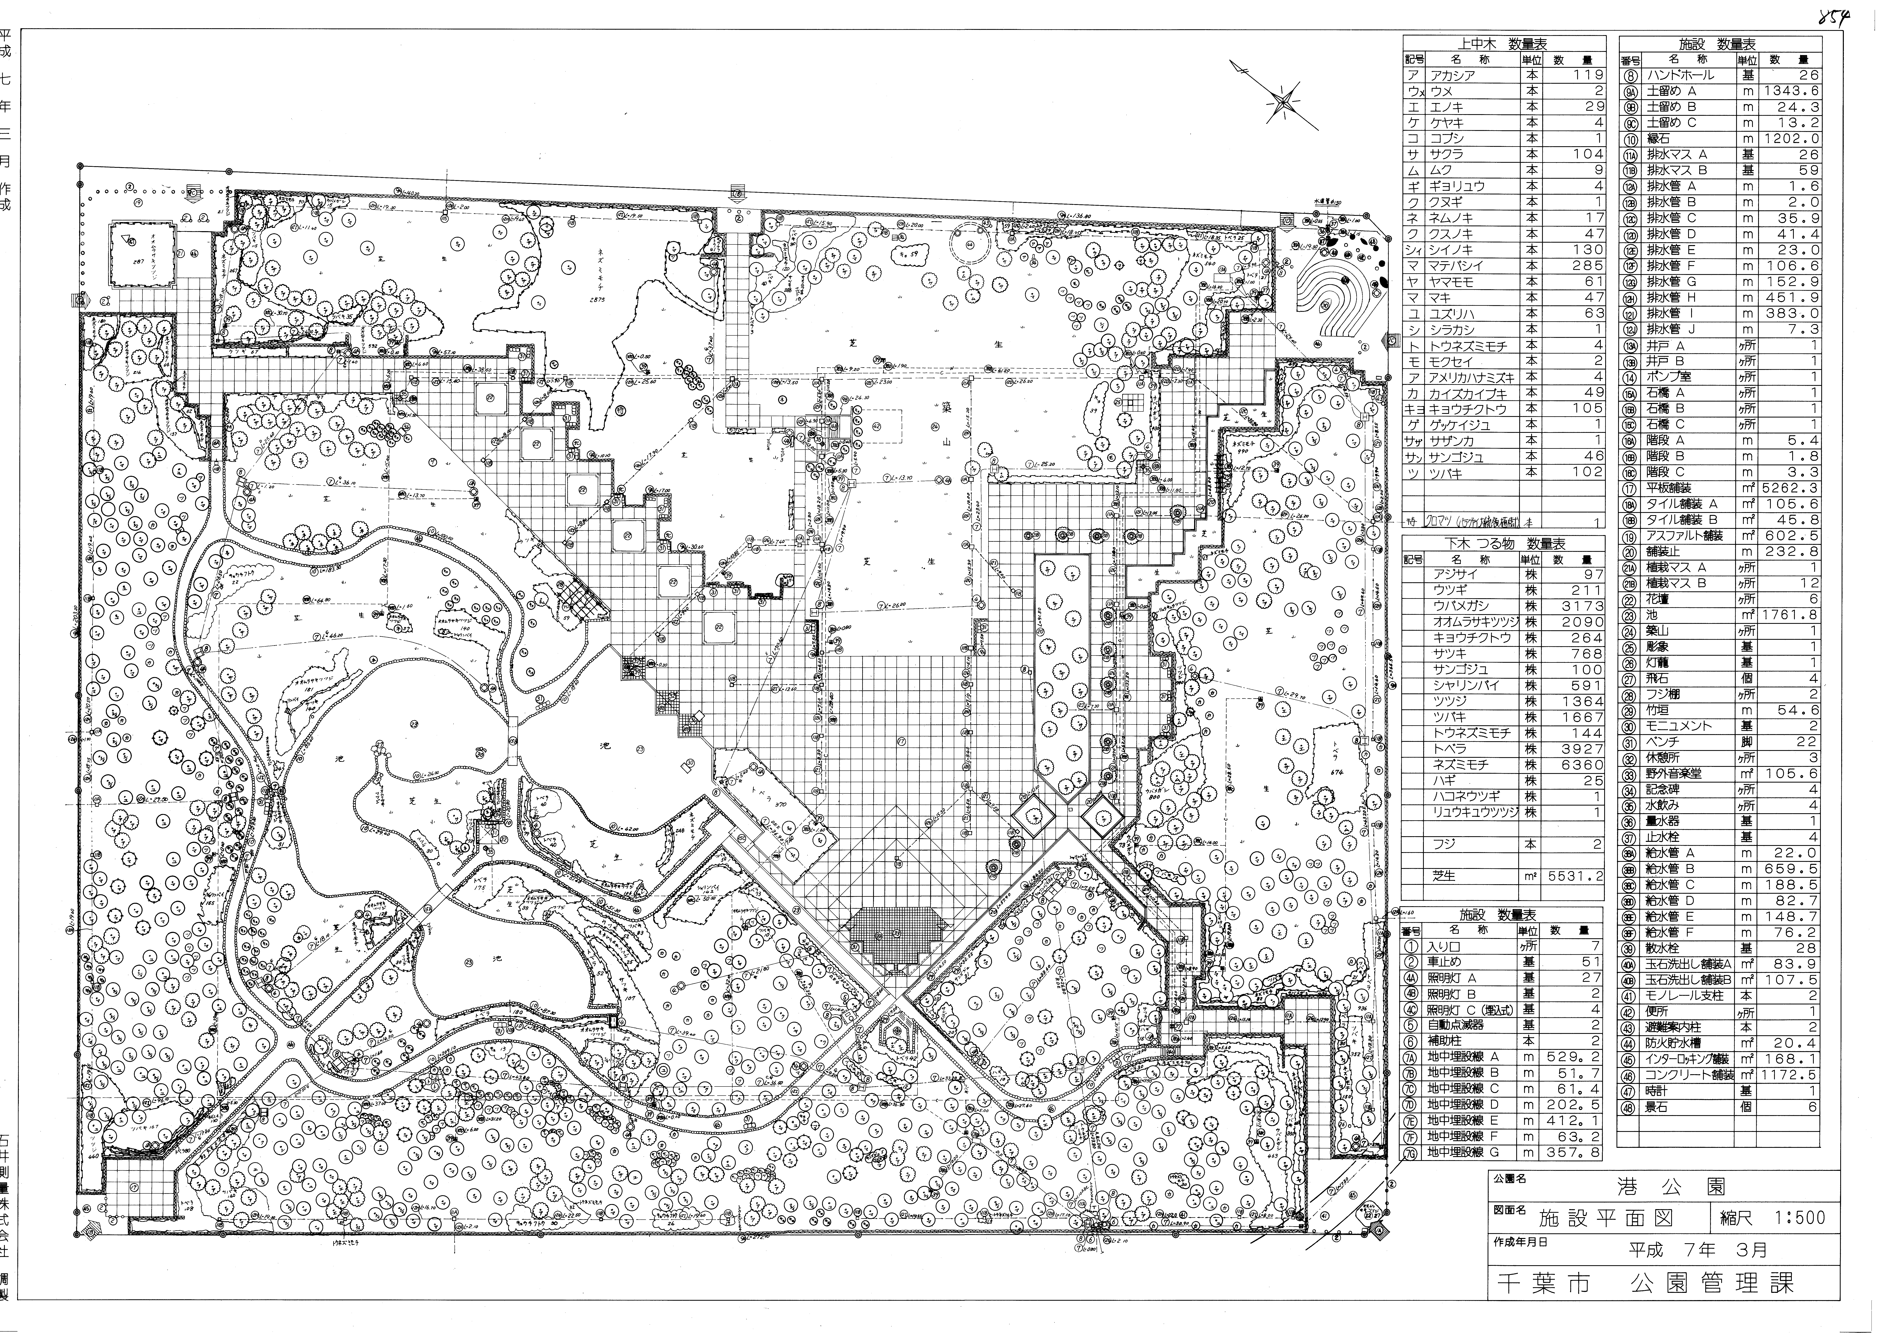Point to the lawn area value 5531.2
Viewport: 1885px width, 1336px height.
coord(1573,876)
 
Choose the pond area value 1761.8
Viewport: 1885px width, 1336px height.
coord(1790,615)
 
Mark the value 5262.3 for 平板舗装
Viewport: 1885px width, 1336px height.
coord(1790,488)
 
